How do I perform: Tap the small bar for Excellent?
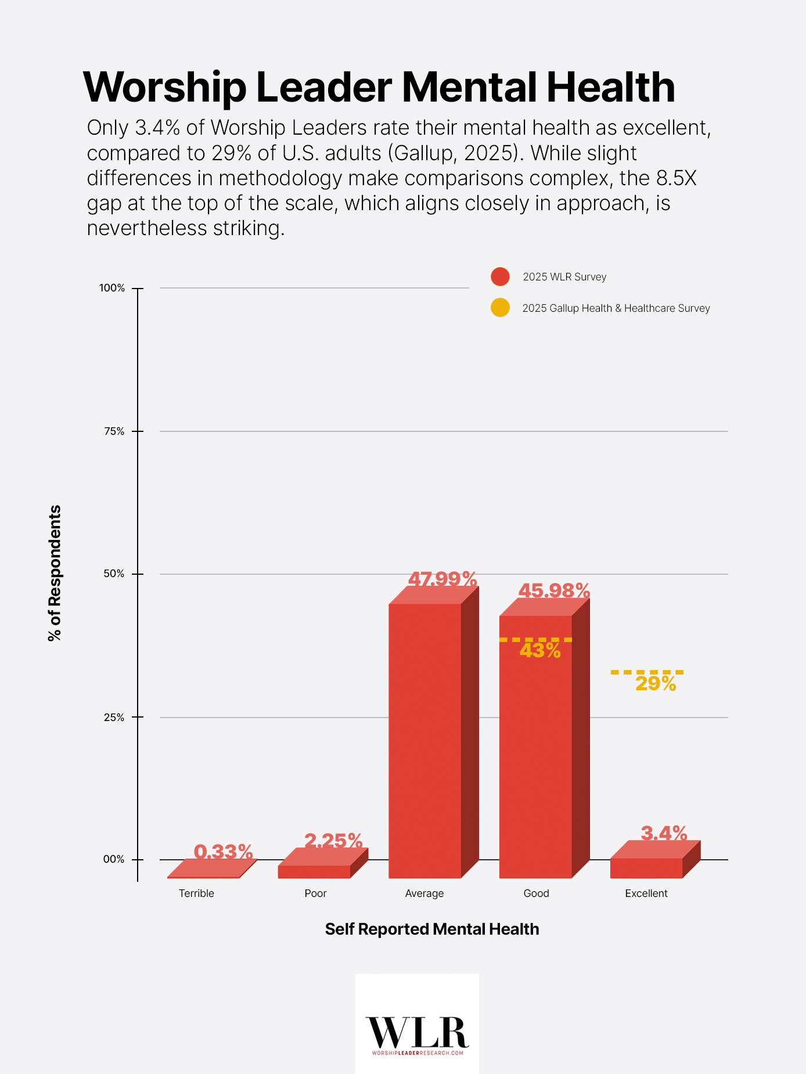[x=646, y=867]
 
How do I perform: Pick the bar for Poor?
[x=314, y=871]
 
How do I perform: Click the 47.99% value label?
[x=442, y=579]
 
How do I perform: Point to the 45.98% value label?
[x=554, y=590]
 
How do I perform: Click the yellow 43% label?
[x=540, y=651]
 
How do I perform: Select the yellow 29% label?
[x=656, y=684]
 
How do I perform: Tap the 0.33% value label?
[x=223, y=852]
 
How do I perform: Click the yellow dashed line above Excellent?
[x=647, y=672]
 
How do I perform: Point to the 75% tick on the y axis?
[x=137, y=431]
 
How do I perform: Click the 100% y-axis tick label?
[x=112, y=288]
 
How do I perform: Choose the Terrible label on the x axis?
[x=196, y=893]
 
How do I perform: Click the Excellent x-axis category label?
[x=646, y=893]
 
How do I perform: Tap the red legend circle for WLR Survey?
[x=500, y=277]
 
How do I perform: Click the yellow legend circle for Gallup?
[x=500, y=308]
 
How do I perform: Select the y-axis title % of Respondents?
[x=55, y=573]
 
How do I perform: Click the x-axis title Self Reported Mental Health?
[x=432, y=929]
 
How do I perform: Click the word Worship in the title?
[x=165, y=88]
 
